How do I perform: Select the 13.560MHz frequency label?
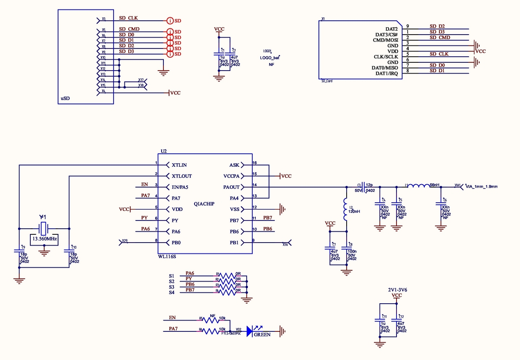coord(44,239)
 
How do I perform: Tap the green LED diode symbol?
coord(250,331)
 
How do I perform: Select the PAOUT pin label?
coord(231,187)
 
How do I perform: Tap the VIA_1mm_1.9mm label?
coord(481,187)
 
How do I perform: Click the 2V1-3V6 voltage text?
coord(397,289)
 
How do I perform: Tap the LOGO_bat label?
coord(270,58)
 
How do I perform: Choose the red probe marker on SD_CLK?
coord(170,20)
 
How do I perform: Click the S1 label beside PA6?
coord(172,276)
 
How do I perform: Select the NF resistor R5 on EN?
coord(212,320)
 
